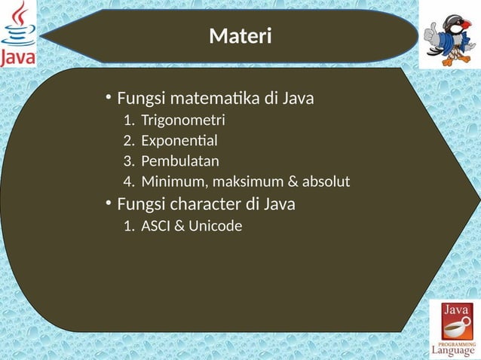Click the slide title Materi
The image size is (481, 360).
(x=240, y=35)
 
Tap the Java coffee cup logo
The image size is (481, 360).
(x=18, y=33)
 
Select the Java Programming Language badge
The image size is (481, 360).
(x=453, y=328)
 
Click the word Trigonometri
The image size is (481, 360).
(x=182, y=120)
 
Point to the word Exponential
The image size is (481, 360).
(x=179, y=140)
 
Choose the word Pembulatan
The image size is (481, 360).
(x=180, y=160)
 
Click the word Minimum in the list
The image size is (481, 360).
(x=168, y=182)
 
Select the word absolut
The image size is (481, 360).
(x=324, y=182)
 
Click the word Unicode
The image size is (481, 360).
(x=216, y=224)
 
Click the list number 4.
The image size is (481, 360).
(x=127, y=182)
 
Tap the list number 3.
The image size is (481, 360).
(x=127, y=160)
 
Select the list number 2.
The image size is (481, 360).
(x=127, y=140)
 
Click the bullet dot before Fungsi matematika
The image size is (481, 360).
(x=109, y=98)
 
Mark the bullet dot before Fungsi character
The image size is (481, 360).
(x=109, y=203)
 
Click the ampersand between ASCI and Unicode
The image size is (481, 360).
(x=179, y=224)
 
